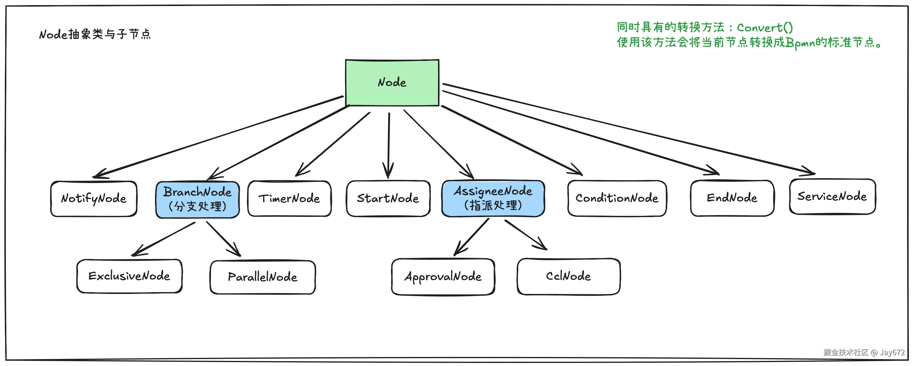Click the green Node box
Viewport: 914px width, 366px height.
click(392, 83)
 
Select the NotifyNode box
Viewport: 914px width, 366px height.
click(94, 199)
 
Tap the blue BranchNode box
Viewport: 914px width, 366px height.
click(198, 199)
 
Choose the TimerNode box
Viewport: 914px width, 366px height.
click(289, 199)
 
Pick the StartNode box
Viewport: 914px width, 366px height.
click(388, 198)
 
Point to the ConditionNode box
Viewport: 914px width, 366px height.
click(617, 198)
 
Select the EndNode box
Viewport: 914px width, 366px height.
click(732, 198)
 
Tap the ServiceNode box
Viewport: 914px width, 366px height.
click(832, 197)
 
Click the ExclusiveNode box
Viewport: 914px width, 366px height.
click(129, 276)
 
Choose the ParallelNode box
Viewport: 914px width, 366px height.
click(262, 277)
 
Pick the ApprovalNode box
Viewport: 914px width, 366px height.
click(443, 277)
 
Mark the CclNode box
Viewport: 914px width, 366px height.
click(568, 276)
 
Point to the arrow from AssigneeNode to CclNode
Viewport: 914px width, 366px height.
click(525, 235)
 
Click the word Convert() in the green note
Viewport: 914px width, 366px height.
click(765, 28)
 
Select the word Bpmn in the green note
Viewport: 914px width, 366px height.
click(800, 43)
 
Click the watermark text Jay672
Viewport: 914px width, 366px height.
click(892, 352)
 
